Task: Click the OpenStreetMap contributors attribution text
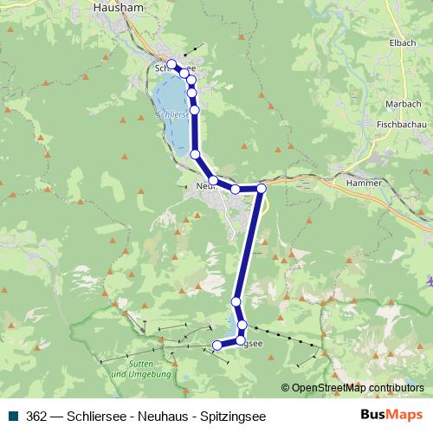click(357, 388)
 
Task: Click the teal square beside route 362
click(15, 416)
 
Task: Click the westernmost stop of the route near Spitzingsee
click(217, 346)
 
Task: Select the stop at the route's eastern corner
click(262, 187)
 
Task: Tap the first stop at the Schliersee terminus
click(172, 64)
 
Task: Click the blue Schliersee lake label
click(173, 113)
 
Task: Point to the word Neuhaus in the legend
click(165, 416)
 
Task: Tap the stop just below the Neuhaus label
click(213, 180)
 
